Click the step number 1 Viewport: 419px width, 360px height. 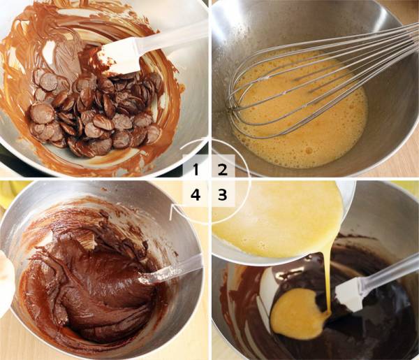(196, 170)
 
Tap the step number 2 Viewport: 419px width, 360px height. (223, 170)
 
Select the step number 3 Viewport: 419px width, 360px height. (222, 195)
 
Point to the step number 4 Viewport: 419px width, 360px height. (196, 195)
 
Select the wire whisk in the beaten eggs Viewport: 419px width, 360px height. (321, 80)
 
